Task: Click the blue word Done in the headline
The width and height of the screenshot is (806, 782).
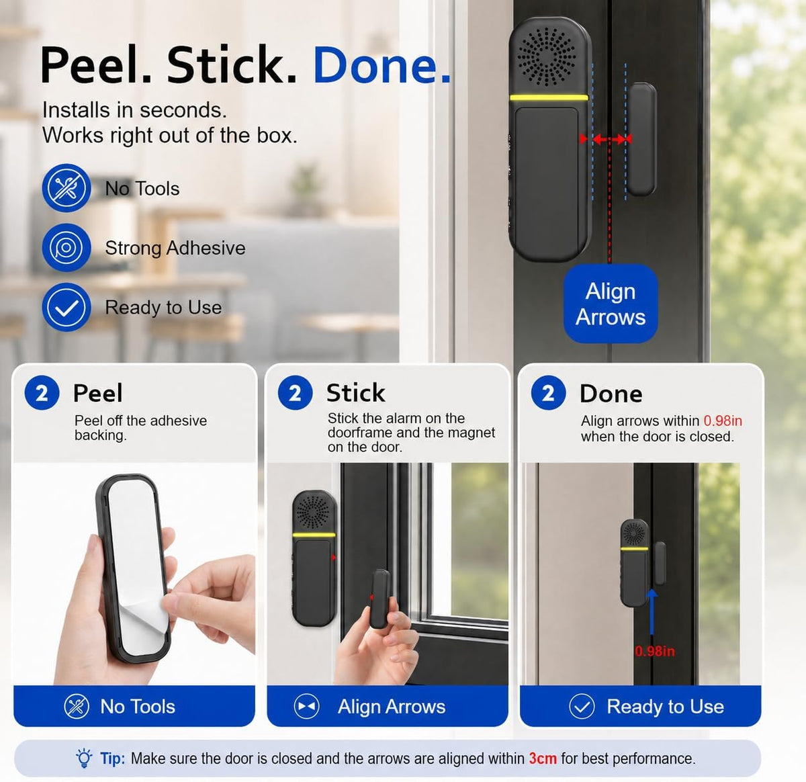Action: (x=382, y=65)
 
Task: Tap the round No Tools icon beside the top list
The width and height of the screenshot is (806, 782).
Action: (x=66, y=188)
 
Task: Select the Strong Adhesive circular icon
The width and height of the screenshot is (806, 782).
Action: (x=66, y=248)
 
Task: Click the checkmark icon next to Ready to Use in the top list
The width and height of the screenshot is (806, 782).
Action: (x=66, y=307)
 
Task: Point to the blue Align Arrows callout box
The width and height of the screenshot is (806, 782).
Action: (x=611, y=304)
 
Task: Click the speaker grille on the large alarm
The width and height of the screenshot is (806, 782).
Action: (x=547, y=56)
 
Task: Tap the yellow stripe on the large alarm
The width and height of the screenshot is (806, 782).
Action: (x=549, y=97)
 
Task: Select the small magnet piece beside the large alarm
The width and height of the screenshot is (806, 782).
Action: (x=641, y=139)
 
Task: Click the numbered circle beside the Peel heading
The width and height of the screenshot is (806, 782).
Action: (x=42, y=392)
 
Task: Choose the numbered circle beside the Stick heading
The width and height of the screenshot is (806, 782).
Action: (x=295, y=392)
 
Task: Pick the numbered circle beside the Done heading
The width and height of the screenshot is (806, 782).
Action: (x=548, y=392)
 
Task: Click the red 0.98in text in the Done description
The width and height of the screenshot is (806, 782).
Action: (x=723, y=421)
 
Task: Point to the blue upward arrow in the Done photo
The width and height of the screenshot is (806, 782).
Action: (x=652, y=612)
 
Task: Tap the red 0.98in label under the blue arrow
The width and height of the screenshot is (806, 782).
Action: (x=655, y=651)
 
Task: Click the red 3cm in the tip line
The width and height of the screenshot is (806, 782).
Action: (x=543, y=758)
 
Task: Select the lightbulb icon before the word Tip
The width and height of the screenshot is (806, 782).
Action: (x=84, y=758)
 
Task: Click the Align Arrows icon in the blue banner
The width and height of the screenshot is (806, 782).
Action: (x=306, y=706)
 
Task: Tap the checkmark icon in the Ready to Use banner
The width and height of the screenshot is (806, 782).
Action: (x=582, y=706)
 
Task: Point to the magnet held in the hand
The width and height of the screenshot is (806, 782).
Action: (x=379, y=599)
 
